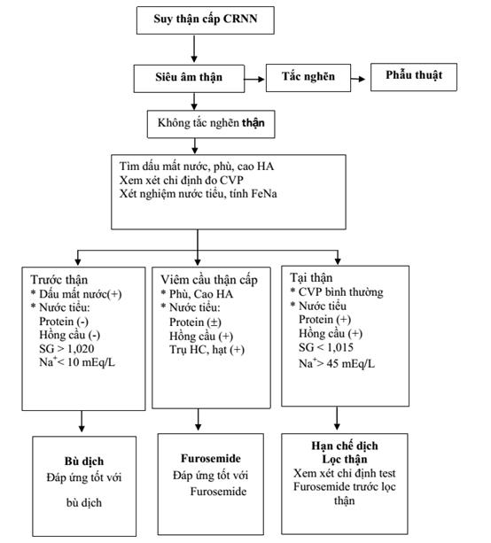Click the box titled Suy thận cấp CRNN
(206, 20)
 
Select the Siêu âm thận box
(189, 79)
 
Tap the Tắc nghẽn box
(308, 78)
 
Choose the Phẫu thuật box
(414, 77)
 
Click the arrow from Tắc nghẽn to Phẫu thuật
(358, 79)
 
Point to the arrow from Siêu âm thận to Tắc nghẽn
(254, 80)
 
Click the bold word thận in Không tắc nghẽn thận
(253, 123)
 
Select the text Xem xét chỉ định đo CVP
(182, 180)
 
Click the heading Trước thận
(58, 279)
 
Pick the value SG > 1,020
(66, 349)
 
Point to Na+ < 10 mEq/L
(77, 362)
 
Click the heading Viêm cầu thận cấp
(209, 280)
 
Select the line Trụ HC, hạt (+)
(207, 350)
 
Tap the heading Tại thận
(311, 278)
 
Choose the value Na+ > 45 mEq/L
(337, 363)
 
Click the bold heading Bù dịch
(84, 462)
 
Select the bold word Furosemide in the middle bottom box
(211, 459)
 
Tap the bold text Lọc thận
(345, 459)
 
